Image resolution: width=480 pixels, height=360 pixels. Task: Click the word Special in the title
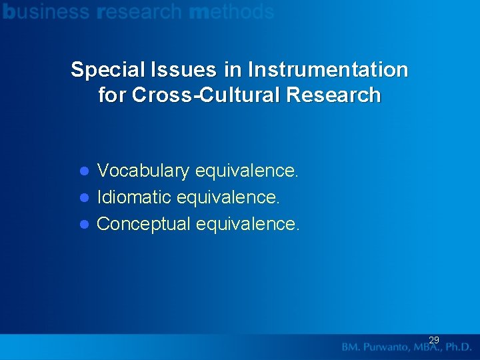tap(103, 70)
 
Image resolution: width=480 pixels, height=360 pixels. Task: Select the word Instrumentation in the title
tap(327, 70)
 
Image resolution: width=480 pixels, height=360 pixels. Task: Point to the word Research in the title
tap(333, 95)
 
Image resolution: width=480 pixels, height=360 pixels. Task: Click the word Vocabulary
tap(143, 171)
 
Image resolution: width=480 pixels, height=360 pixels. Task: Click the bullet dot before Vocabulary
tap(85, 171)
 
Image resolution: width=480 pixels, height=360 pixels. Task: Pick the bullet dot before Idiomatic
tap(85, 197)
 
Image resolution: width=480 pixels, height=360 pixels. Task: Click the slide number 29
tap(434, 340)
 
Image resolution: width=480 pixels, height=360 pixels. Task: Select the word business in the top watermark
tap(45, 11)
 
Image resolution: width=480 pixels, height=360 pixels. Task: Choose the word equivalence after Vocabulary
tap(247, 171)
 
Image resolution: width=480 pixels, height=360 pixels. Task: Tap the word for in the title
tap(112, 95)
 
